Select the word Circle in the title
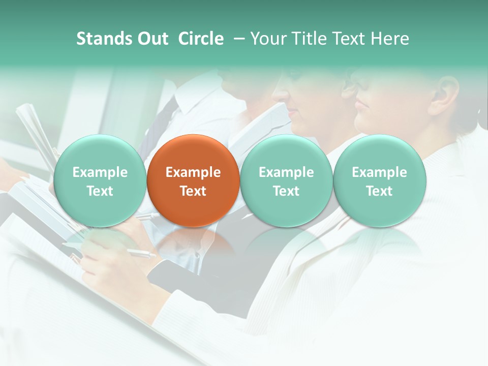coord(201,39)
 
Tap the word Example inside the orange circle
coord(193,172)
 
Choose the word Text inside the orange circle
coord(193,191)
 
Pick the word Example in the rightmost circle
coord(379,172)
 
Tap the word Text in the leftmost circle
coord(100,191)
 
